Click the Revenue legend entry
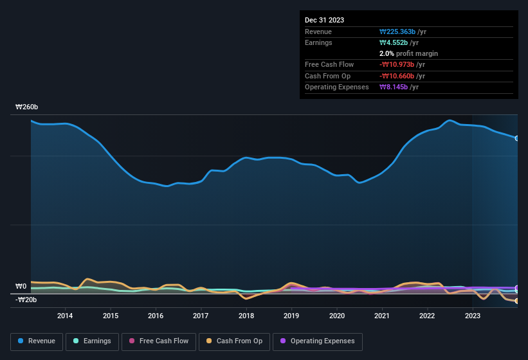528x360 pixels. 37,341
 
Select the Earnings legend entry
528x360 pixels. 91,341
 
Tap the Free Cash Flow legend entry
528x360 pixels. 158,341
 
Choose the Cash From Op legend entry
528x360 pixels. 233,341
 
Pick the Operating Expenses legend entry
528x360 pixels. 318,341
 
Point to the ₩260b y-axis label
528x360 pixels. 26,107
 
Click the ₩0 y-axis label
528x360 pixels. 21,287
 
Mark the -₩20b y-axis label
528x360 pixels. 26,300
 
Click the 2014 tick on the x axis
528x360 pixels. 64,316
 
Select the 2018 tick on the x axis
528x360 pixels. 246,316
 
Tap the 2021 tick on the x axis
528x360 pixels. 382,316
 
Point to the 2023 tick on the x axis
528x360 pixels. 473,316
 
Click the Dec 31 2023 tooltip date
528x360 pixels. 324,20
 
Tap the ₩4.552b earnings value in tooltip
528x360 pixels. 395,42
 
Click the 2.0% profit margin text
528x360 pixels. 409,53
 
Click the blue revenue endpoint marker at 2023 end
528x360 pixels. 516,138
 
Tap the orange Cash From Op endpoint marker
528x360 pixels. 516,301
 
